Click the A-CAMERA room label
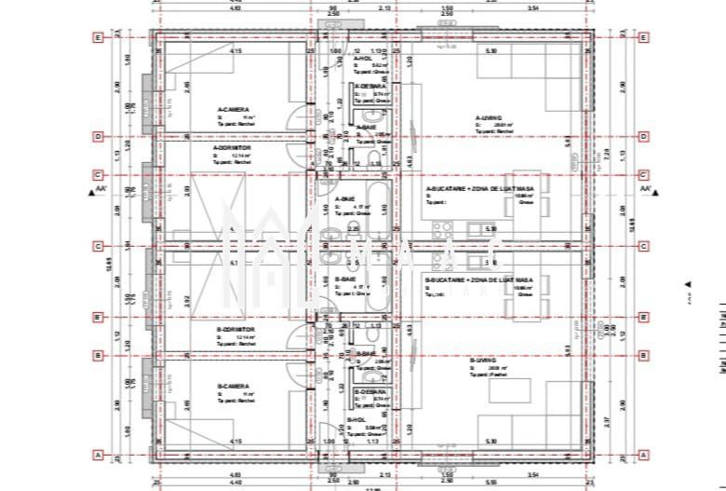tap(231, 109)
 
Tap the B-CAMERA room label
tap(233, 386)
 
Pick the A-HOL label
tap(363, 58)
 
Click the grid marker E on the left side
tap(97, 38)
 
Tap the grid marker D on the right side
tap(643, 136)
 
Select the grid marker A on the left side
tap(97, 455)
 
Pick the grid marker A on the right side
tap(643, 455)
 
